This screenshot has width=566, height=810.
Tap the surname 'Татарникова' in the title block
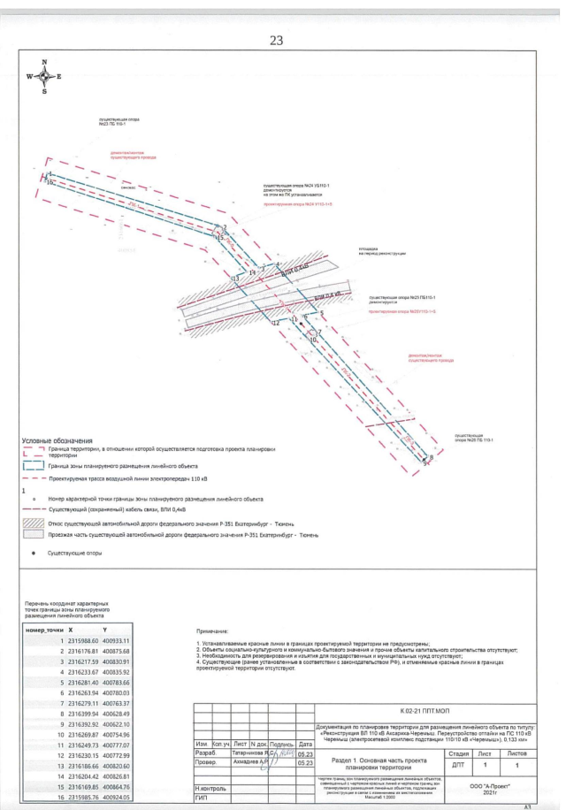[249, 753]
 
